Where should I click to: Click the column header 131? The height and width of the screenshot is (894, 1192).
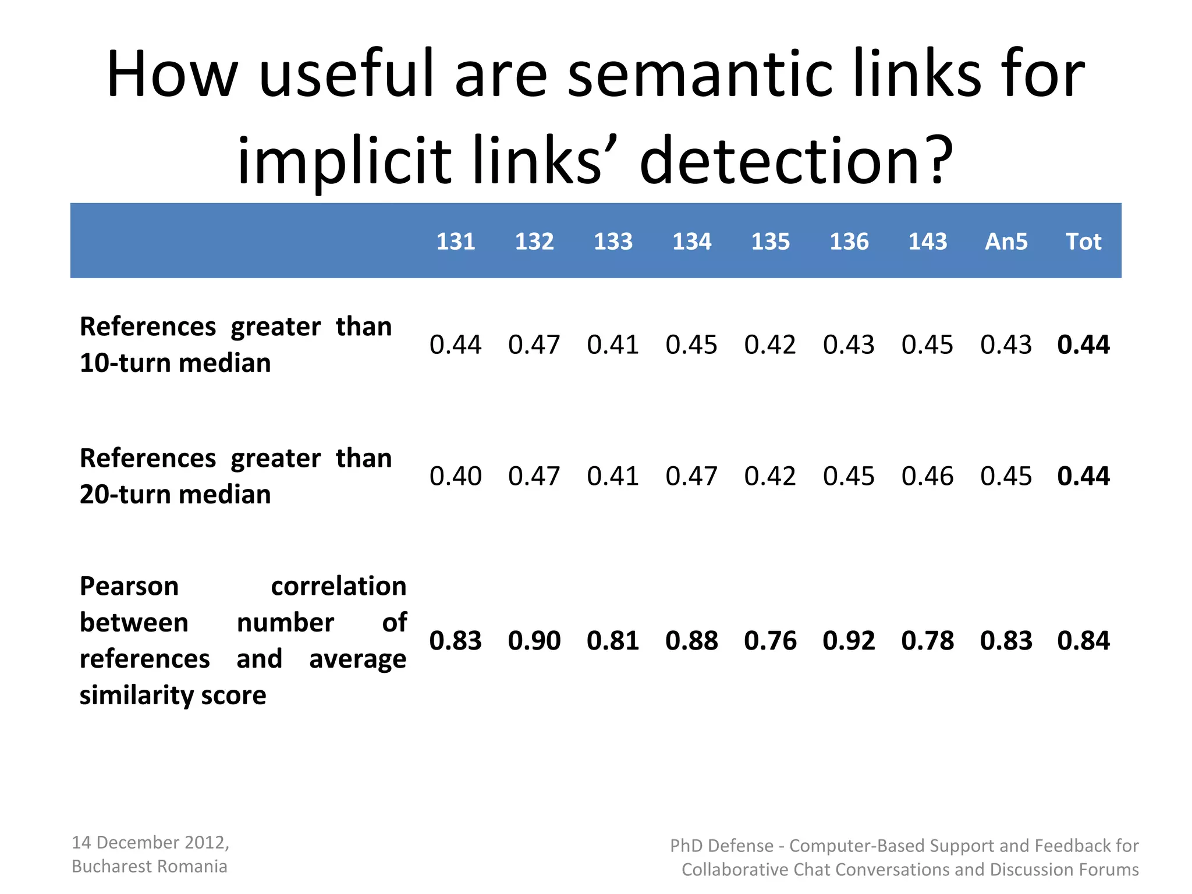coord(456,242)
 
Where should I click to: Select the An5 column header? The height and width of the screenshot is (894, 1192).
coord(1006,242)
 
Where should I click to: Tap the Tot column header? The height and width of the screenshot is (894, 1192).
coord(1083,242)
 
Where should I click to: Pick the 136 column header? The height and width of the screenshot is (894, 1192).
coord(849,242)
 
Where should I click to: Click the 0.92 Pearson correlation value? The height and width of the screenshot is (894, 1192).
coord(849,641)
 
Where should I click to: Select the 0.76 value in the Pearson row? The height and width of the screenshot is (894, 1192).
coord(770,641)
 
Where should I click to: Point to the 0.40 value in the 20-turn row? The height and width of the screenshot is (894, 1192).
coord(455,476)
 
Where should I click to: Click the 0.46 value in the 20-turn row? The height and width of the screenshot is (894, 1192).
coord(927,476)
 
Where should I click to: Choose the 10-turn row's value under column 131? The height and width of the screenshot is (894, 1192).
coord(455,345)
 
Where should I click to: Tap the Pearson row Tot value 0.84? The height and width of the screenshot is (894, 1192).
coord(1083,641)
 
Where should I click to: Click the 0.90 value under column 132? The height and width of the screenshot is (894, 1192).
coord(534,641)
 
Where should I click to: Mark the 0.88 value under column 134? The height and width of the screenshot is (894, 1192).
coord(691,641)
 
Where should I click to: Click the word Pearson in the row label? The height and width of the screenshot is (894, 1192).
coord(129,586)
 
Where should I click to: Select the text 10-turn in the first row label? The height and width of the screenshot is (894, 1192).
coord(125,363)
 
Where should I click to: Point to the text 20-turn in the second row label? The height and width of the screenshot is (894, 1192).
coord(125,495)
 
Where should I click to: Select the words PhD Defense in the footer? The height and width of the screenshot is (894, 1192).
coord(722,846)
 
